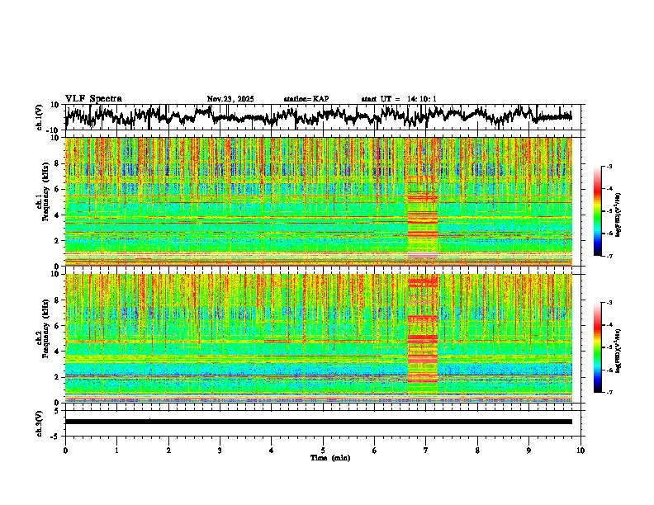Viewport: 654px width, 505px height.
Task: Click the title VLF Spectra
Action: coord(93,99)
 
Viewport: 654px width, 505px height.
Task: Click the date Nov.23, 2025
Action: coord(230,99)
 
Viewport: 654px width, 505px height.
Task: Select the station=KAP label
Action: coord(306,99)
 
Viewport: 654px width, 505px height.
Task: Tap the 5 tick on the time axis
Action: coord(323,450)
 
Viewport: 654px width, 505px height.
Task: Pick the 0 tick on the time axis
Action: coord(65,450)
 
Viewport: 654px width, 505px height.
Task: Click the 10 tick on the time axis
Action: coord(581,450)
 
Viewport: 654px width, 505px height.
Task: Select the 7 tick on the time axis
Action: coord(426,450)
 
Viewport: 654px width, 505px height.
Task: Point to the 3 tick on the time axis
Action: coord(220,450)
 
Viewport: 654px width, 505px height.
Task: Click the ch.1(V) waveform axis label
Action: coord(39,117)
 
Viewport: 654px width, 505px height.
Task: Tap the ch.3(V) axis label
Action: coord(39,422)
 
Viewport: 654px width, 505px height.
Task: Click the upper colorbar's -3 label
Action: coord(609,167)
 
